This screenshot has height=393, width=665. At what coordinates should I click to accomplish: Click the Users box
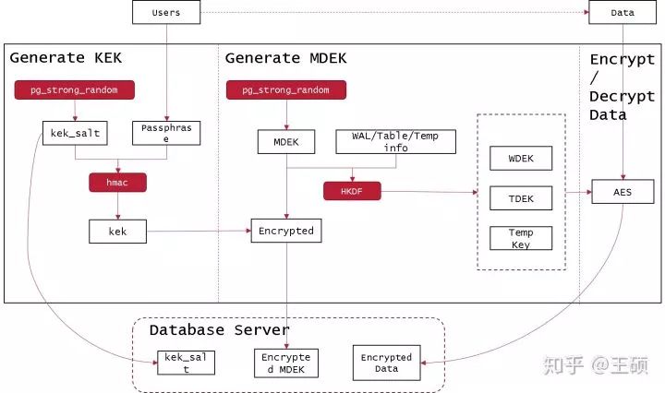click(x=166, y=12)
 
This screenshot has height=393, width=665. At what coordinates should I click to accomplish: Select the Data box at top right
click(x=623, y=12)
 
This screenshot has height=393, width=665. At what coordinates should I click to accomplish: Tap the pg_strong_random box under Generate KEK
click(x=74, y=89)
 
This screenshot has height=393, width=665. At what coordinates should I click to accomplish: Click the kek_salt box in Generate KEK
click(x=75, y=134)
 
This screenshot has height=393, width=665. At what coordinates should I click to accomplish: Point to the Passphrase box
click(x=167, y=134)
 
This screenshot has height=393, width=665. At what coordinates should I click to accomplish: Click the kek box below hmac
click(x=118, y=231)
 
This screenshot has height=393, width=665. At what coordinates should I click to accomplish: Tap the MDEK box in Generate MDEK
click(x=286, y=141)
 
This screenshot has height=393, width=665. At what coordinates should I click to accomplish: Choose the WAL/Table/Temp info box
click(x=396, y=141)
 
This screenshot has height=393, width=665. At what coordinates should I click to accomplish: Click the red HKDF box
click(x=352, y=191)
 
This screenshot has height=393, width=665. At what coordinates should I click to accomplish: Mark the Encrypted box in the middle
click(x=286, y=231)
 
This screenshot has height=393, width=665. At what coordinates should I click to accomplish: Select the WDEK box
click(x=520, y=158)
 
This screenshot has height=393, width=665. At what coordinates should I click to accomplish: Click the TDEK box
click(x=520, y=197)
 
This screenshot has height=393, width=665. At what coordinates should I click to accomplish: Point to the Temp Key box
click(x=520, y=238)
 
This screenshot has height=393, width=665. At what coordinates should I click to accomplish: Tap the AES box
click(x=623, y=192)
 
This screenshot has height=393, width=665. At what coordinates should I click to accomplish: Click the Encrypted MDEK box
click(x=286, y=363)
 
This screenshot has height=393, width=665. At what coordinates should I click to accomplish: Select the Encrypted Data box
click(x=386, y=363)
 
